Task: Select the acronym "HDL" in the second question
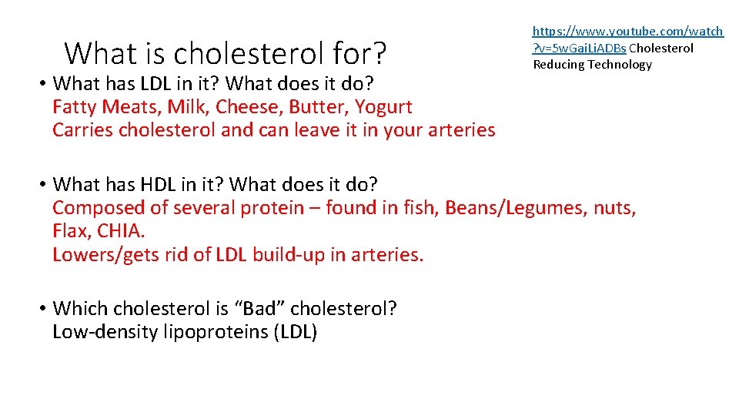tap(159, 185)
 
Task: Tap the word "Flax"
tap(69, 231)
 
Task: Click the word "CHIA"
tap(120, 231)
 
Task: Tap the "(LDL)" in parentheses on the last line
tap(295, 333)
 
